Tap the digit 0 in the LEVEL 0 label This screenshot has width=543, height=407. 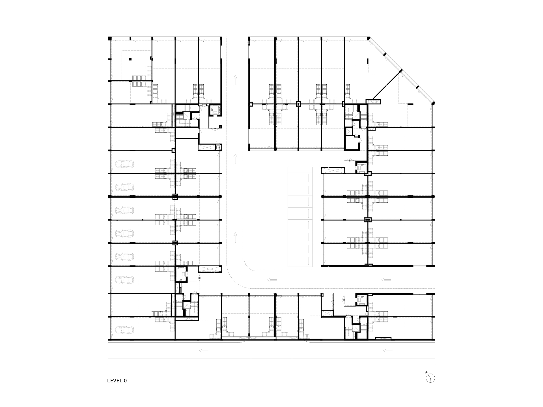[125, 381]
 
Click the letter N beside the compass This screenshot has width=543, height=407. [426, 372]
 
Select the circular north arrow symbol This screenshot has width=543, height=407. [431, 378]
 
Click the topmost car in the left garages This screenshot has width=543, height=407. [124, 164]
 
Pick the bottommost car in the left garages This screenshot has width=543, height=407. [124, 330]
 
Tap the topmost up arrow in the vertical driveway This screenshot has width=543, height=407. [235, 80]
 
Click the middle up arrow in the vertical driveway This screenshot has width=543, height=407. [235, 159]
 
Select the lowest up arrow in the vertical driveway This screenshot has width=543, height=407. [235, 237]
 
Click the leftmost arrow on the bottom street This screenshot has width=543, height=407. [204, 351]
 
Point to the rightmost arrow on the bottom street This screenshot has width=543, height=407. [388, 351]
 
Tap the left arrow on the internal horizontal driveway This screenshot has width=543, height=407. [272, 280]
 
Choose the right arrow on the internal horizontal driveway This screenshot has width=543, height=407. [386, 280]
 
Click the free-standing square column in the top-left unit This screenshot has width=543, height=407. [130, 59]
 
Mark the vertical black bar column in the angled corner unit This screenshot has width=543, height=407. [368, 61]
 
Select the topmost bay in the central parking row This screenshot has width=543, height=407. [300, 173]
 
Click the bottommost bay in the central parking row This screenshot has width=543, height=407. [300, 261]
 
